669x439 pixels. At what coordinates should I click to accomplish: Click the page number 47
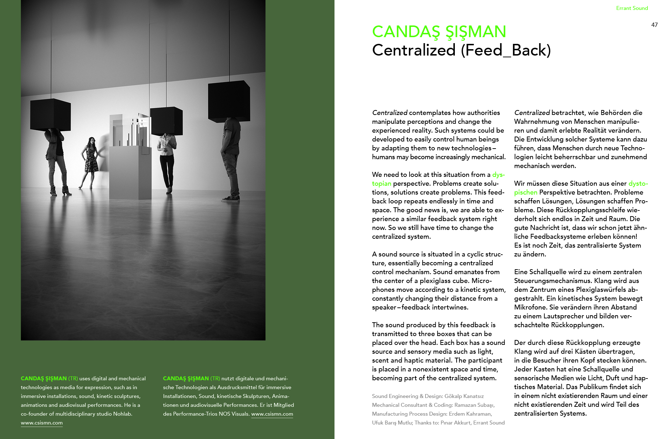[x=654, y=25]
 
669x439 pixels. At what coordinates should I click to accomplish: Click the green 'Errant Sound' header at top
[x=632, y=8]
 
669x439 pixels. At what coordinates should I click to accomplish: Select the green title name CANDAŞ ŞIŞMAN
[x=439, y=32]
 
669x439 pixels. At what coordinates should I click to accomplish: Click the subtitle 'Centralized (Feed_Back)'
[x=461, y=50]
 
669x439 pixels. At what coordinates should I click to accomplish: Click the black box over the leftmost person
[x=50, y=114]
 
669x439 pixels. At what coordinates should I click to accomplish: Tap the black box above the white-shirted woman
[x=166, y=121]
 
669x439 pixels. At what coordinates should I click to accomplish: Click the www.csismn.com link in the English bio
[x=42, y=423]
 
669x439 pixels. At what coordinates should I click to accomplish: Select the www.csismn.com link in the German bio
[x=272, y=414]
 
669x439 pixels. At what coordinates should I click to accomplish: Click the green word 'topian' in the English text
[x=382, y=184]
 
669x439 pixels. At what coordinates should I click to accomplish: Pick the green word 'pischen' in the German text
[x=526, y=192]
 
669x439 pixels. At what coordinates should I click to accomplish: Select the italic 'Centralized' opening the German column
[x=532, y=113]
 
